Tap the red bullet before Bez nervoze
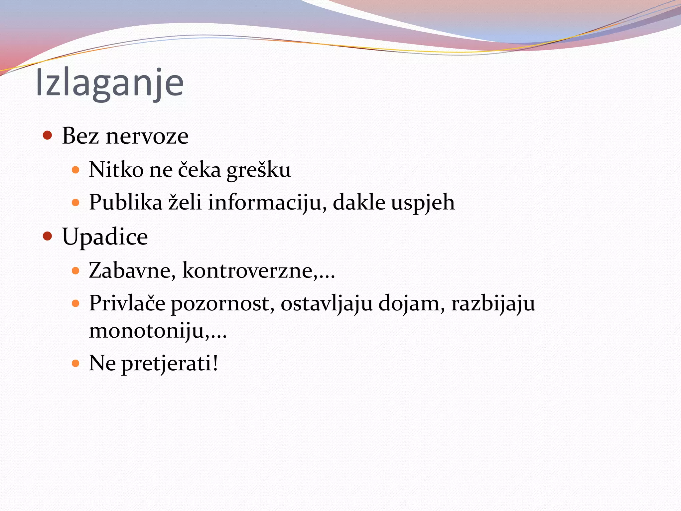pyautogui.click(x=48, y=135)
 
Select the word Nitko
pyautogui.click(x=116, y=170)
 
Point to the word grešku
pyautogui.click(x=258, y=170)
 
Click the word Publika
pyautogui.click(x=125, y=202)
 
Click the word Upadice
pyautogui.click(x=105, y=237)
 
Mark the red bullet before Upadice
pyautogui.click(x=48, y=236)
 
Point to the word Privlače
pyautogui.click(x=127, y=303)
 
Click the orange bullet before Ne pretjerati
pyautogui.click(x=75, y=363)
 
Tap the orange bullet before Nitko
pyautogui.click(x=75, y=170)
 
